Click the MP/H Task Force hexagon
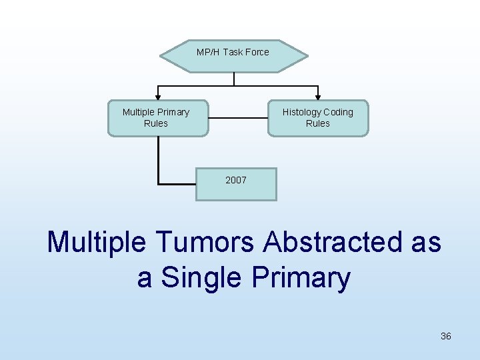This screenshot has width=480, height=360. [233, 55]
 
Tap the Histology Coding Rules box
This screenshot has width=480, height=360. [318, 118]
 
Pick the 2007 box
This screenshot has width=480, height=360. [236, 183]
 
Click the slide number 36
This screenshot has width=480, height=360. [446, 337]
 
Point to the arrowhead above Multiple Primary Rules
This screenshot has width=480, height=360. [158, 96]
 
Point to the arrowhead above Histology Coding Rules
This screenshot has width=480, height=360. [318, 96]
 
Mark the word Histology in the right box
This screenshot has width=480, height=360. [301, 112]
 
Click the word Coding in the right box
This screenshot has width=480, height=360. [338, 112]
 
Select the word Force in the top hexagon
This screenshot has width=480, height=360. [257, 52]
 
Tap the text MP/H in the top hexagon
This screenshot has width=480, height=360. [208, 52]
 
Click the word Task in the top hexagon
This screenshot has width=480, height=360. [233, 52]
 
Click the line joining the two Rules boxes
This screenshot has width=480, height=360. [238, 119]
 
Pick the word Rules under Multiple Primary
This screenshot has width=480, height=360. [156, 123]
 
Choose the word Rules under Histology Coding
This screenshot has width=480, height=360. [318, 123]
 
